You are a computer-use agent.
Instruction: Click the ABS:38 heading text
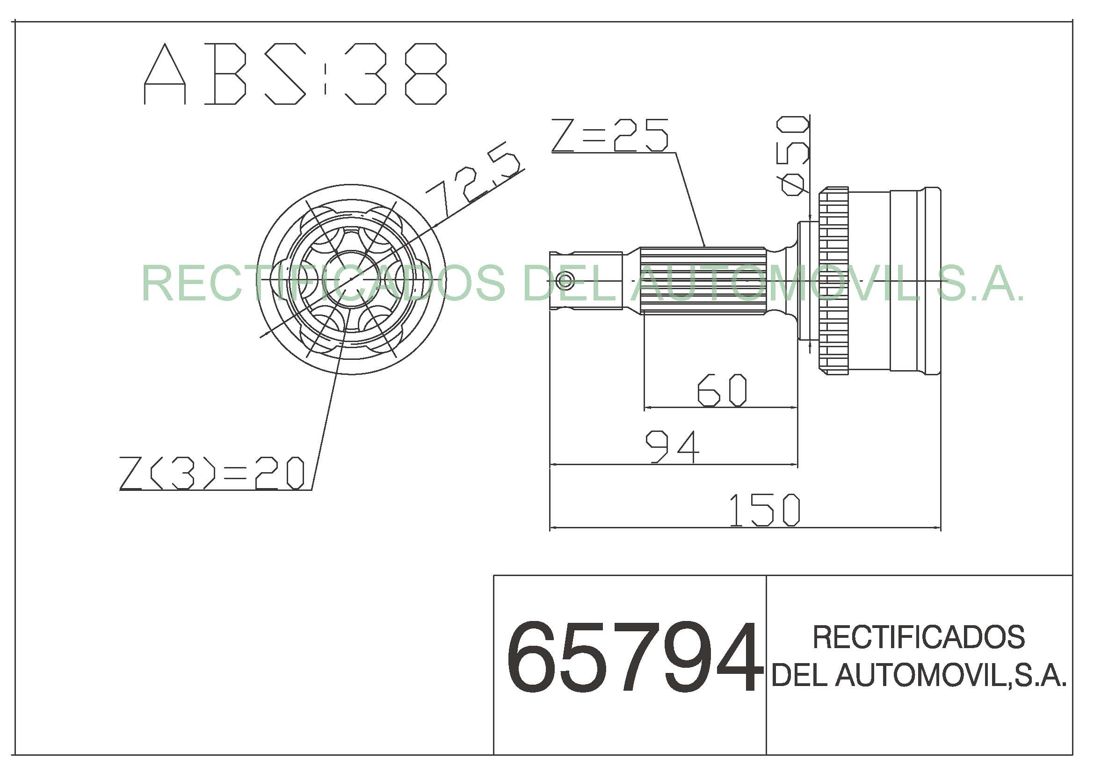(x=296, y=74)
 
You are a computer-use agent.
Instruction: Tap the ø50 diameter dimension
(x=794, y=156)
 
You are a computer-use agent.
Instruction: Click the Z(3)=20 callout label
(x=211, y=473)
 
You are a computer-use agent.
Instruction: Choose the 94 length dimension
(x=672, y=446)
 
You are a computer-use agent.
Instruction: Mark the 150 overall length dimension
(x=765, y=511)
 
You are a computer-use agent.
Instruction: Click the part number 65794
(x=631, y=657)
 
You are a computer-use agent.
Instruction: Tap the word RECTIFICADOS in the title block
(x=919, y=637)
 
